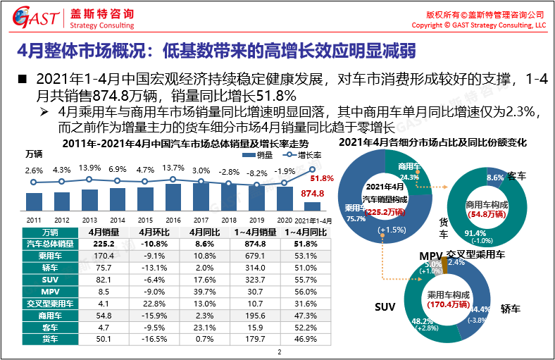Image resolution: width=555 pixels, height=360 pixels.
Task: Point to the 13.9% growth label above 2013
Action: click(89, 168)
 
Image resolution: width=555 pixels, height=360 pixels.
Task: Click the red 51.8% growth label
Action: click(321, 178)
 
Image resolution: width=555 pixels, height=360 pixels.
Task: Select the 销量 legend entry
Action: click(262, 154)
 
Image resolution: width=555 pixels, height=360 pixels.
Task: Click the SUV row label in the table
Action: click(50, 280)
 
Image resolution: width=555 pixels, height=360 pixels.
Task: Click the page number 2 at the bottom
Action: click(279, 352)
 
